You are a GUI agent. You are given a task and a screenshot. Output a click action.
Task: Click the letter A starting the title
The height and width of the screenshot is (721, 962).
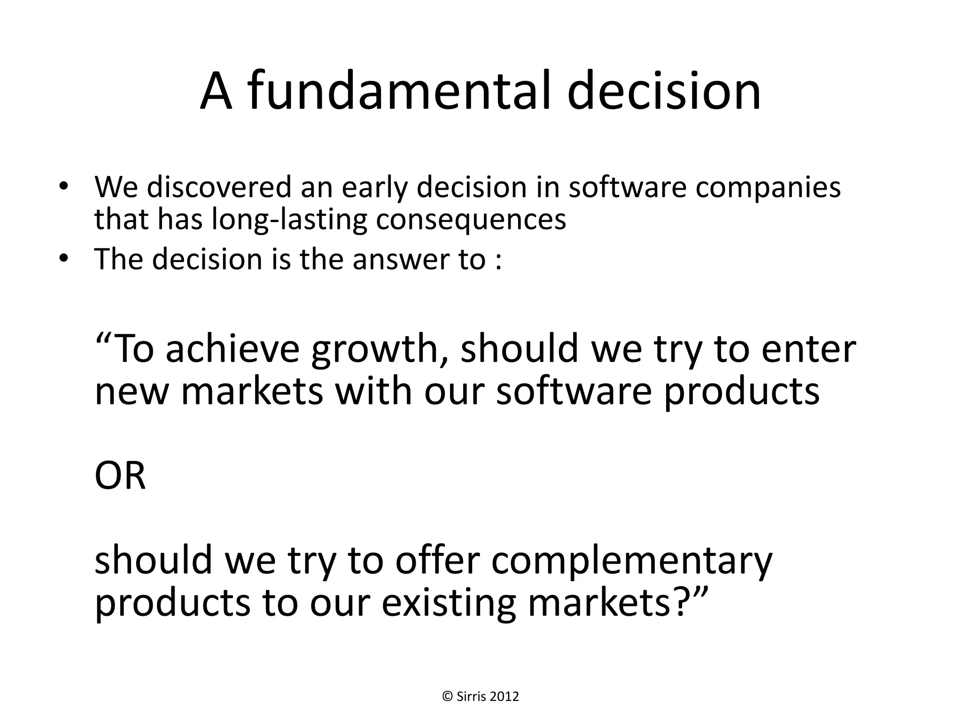[217, 92]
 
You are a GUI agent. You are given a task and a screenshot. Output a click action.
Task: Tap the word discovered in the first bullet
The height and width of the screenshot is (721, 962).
[219, 187]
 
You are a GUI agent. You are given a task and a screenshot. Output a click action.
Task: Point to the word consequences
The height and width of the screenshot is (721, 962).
[471, 221]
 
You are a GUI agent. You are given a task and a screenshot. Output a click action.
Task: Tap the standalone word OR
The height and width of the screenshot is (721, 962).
[120, 476]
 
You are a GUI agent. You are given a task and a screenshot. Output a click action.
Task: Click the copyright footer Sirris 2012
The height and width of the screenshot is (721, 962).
[481, 696]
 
